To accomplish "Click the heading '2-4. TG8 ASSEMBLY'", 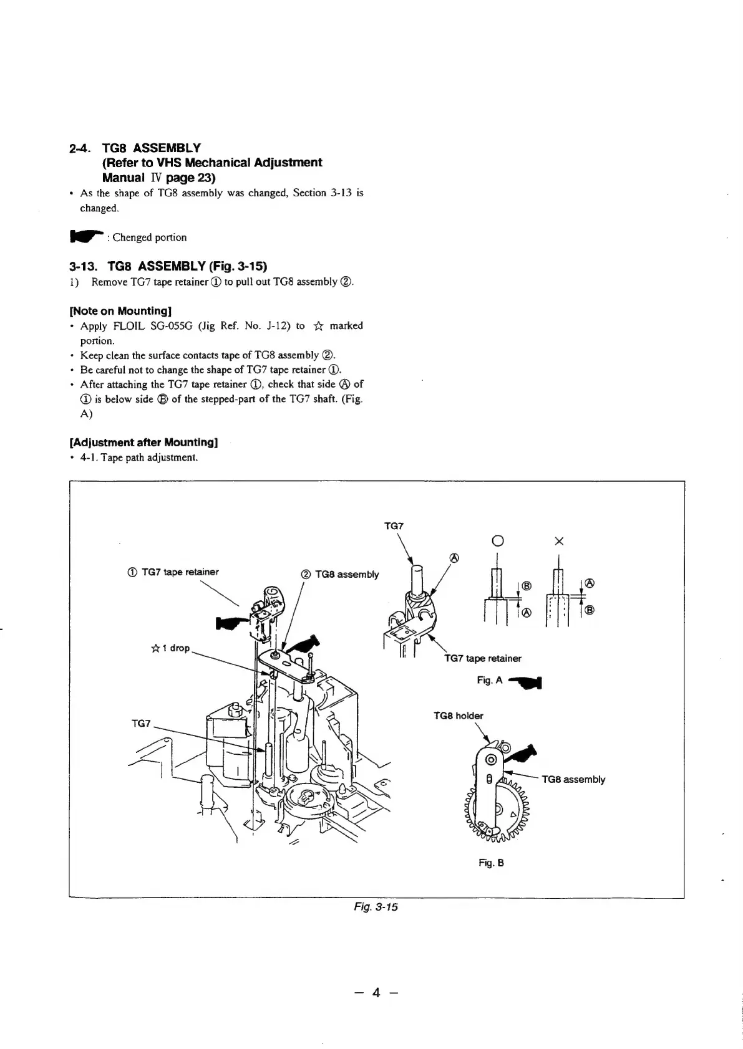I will [135, 148].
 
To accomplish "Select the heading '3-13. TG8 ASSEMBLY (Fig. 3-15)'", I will [168, 266].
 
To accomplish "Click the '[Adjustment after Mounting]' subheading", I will [143, 443].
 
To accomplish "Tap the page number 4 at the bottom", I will [376, 992].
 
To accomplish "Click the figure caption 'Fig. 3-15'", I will [375, 907].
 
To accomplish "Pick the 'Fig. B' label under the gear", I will [491, 863].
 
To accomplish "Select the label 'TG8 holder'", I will [458, 716].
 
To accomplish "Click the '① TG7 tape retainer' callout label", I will [172, 572].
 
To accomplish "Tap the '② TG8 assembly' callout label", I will [340, 574].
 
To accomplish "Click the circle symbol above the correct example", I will [497, 541].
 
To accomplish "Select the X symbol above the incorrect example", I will [558, 541].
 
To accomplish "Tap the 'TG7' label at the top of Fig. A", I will [394, 526].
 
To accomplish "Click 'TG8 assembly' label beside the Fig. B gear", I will [573, 779].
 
